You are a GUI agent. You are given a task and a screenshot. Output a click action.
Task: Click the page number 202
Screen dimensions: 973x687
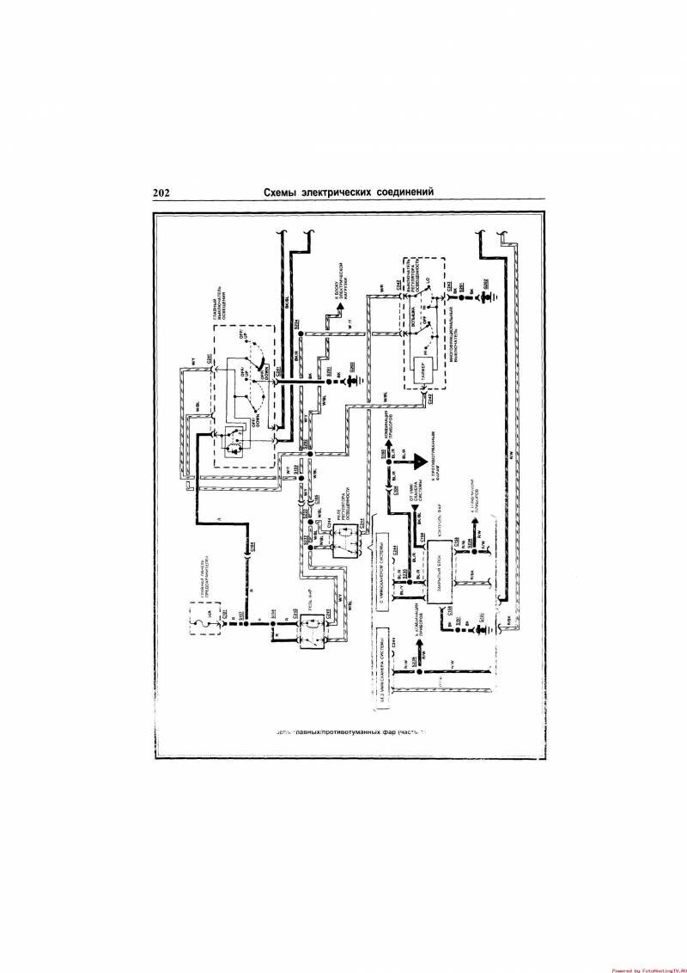click(161, 192)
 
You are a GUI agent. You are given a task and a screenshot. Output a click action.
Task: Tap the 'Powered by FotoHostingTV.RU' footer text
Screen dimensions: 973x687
click(647, 968)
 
